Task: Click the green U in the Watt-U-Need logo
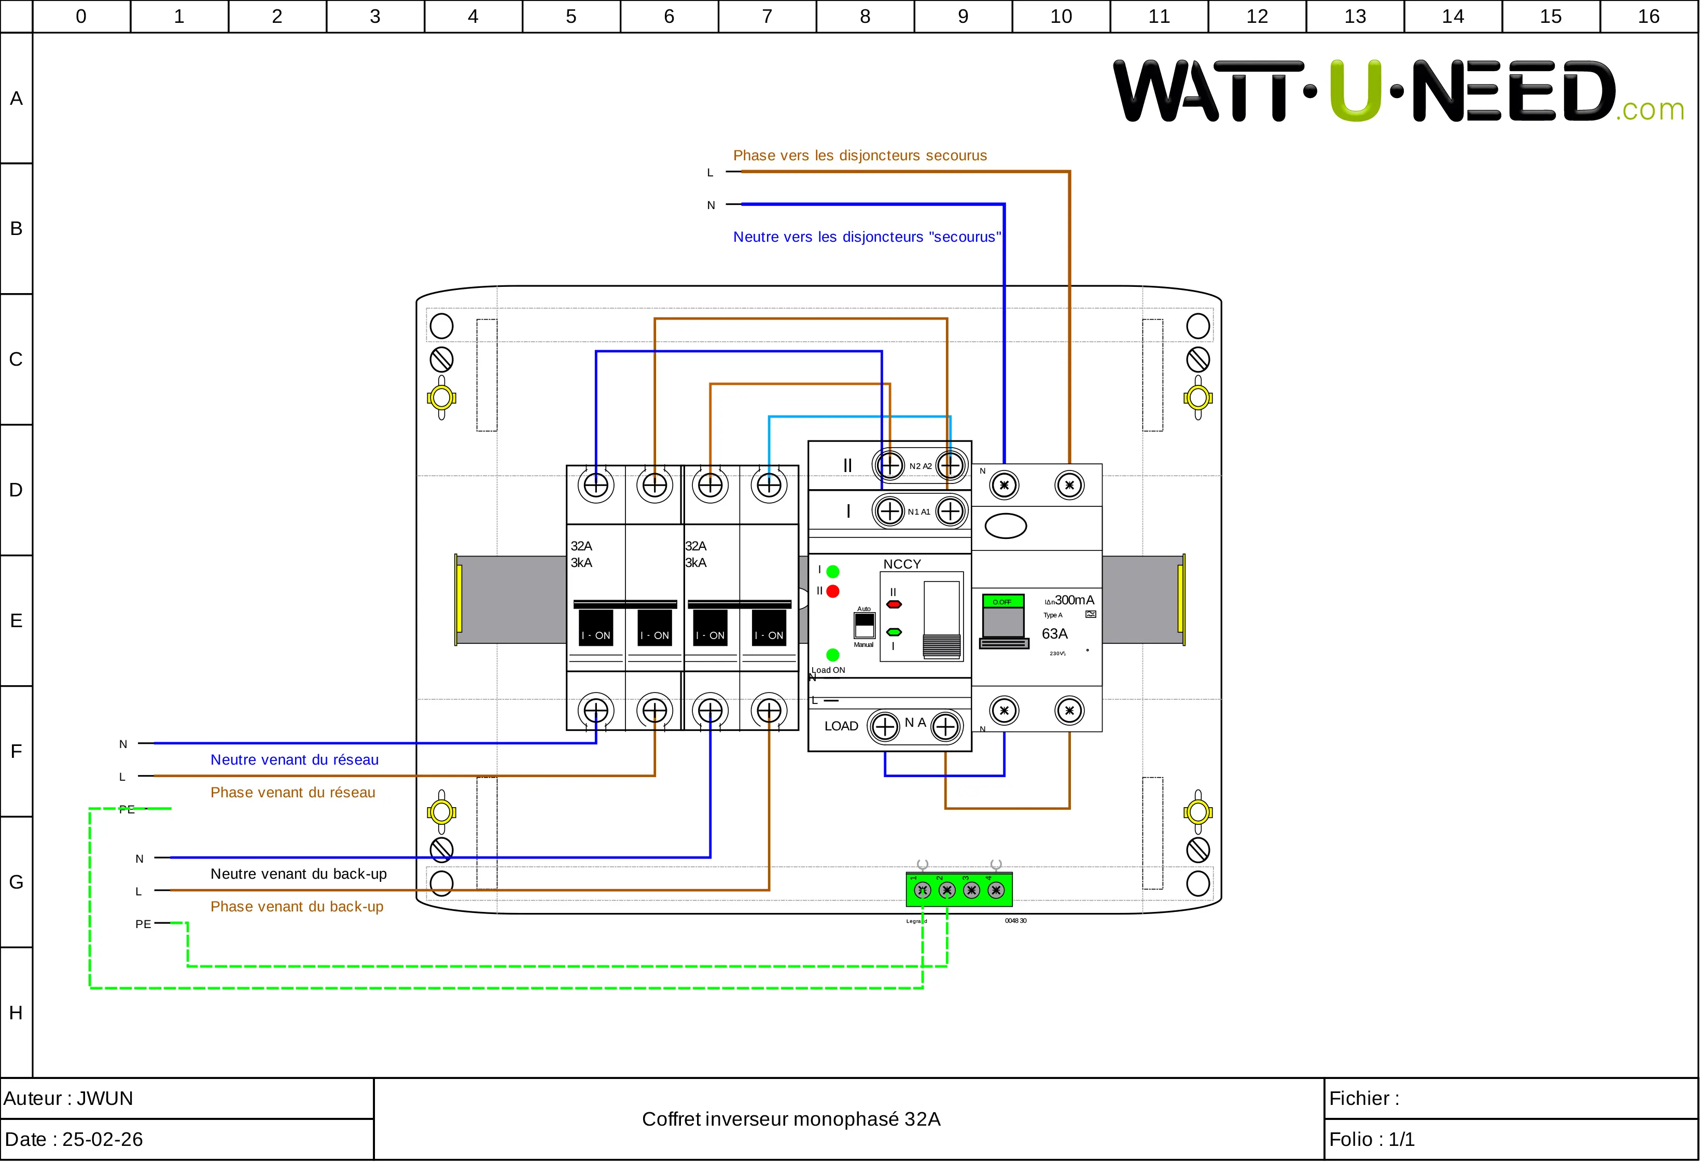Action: pos(1356,90)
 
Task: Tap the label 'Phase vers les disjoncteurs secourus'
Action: pos(859,155)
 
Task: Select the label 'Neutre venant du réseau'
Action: pos(294,760)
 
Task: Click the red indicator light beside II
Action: pos(832,591)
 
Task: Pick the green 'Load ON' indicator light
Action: pos(832,655)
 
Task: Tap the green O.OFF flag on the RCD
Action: pos(1002,602)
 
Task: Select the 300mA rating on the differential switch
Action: pos(1074,600)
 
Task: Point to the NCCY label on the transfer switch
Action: pos(902,564)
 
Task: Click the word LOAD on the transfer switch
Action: pos(841,726)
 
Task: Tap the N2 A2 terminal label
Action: pos(920,466)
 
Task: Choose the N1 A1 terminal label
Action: pos(919,512)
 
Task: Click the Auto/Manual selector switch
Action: pos(864,626)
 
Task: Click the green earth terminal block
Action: pos(959,890)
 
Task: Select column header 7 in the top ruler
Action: pos(767,16)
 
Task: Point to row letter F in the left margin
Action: pos(16,751)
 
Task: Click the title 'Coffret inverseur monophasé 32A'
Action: pos(791,1119)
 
